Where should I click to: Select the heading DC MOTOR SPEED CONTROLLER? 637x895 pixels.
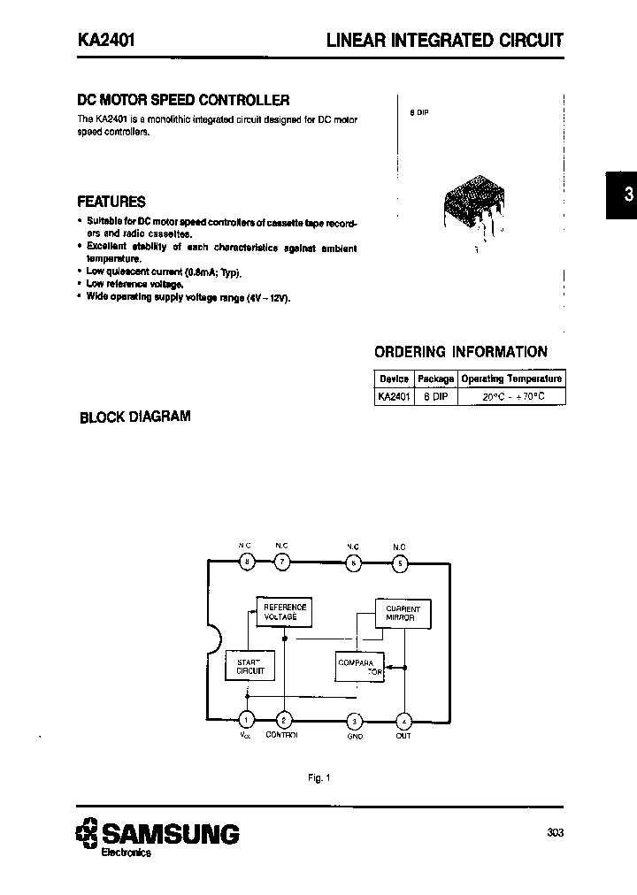pos(183,101)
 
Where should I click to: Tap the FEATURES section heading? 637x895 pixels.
pos(111,202)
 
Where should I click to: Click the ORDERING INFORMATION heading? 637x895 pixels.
pos(461,352)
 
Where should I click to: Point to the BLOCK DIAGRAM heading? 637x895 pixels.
pos(135,417)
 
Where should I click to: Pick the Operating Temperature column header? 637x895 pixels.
pos(511,379)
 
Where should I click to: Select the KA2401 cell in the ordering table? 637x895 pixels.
pos(393,397)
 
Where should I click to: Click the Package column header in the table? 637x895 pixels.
pos(435,379)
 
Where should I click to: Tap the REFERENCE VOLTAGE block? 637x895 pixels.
pos(285,612)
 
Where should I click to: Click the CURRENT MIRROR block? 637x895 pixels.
pos(403,612)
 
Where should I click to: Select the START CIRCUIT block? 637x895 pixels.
pos(250,666)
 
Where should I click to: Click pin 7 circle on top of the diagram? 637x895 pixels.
pos(281,562)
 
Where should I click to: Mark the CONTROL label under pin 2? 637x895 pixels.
pos(281,735)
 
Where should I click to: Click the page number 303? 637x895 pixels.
pos(555,832)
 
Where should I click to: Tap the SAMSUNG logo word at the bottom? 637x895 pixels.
pos(169,833)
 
